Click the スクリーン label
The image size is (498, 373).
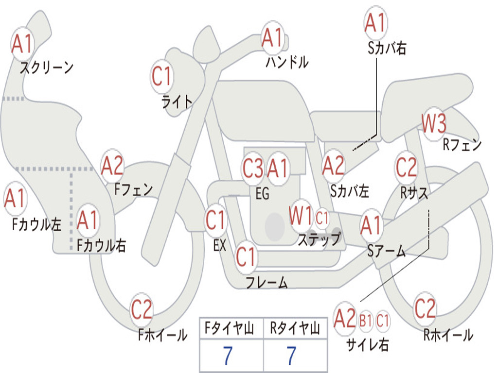click(47, 68)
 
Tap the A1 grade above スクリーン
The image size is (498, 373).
click(22, 44)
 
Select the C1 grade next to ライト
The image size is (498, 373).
click(161, 76)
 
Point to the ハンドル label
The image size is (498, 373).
click(287, 62)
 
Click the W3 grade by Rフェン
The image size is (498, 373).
click(434, 123)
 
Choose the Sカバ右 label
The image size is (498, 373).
click(387, 48)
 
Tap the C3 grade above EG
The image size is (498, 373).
click(253, 168)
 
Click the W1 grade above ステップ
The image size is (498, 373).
click(301, 216)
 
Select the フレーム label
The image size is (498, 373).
click(267, 282)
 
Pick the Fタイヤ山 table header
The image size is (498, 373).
click(230, 328)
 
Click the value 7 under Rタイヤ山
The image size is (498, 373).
click(292, 356)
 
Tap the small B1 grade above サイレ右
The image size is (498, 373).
click(366, 321)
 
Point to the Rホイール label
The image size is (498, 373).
click(448, 335)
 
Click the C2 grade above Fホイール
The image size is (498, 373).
click(142, 309)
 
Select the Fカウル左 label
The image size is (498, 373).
click(36, 224)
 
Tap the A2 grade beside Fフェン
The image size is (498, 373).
click(112, 166)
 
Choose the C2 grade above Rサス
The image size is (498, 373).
click(406, 167)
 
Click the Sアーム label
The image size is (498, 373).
click(387, 251)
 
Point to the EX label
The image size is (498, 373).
click(220, 245)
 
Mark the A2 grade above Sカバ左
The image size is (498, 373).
click(333, 166)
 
